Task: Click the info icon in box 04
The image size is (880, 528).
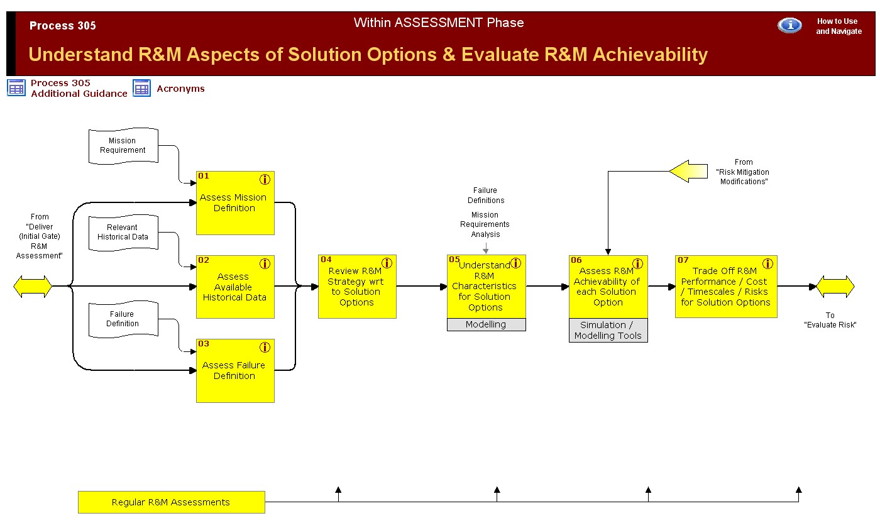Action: pyautogui.click(x=387, y=263)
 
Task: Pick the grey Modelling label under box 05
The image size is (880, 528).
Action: pyautogui.click(x=486, y=325)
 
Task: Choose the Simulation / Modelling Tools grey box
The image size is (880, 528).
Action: pyautogui.click(x=608, y=331)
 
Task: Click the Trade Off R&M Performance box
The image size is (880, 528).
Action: pyautogui.click(x=725, y=287)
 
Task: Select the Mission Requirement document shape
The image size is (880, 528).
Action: pyautogui.click(x=123, y=146)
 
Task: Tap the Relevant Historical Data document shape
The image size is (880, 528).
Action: pyautogui.click(x=123, y=233)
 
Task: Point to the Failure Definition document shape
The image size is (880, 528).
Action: pyautogui.click(x=123, y=319)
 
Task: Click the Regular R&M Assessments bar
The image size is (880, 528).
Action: pyautogui.click(x=171, y=502)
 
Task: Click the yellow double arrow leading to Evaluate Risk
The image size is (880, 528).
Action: pyautogui.click(x=835, y=287)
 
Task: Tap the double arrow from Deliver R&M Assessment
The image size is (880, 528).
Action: pyautogui.click(x=33, y=287)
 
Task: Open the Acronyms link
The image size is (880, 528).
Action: pyautogui.click(x=180, y=89)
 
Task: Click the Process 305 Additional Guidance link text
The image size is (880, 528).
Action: pyautogui.click(x=79, y=88)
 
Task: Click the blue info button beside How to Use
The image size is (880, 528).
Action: pyautogui.click(x=789, y=25)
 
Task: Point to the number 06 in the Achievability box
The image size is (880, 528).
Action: pyautogui.click(x=576, y=260)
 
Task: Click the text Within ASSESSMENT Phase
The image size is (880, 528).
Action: pyautogui.click(x=439, y=23)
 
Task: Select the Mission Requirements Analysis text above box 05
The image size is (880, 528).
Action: pyautogui.click(x=485, y=224)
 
